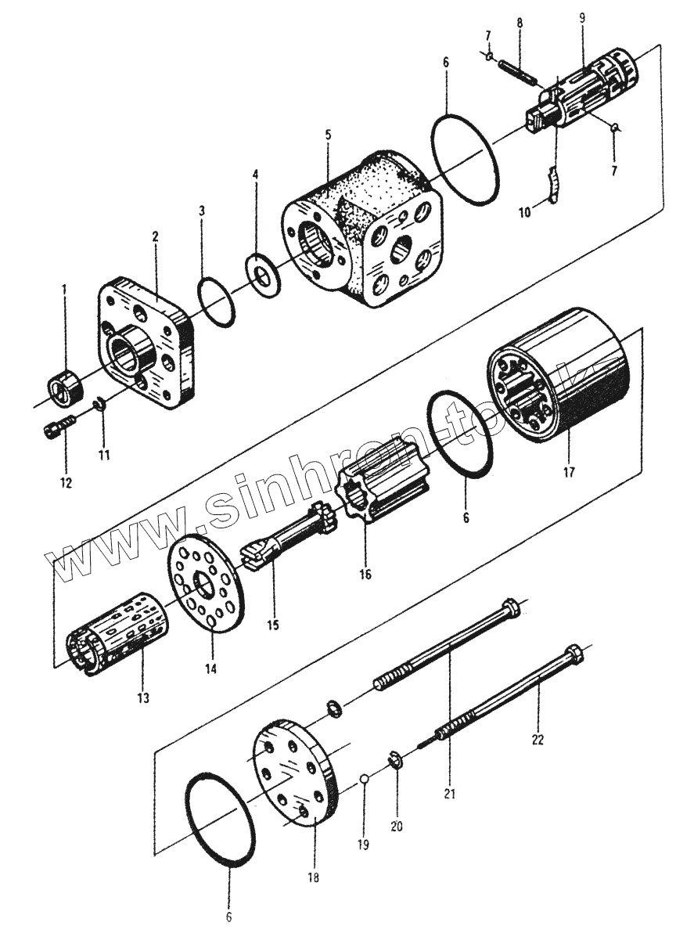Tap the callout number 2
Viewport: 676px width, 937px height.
[156, 235]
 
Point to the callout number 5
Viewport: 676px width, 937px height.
[329, 135]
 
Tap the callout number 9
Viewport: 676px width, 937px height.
[582, 16]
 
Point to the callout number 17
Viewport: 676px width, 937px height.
[569, 472]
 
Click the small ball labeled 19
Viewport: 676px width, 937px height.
[365, 779]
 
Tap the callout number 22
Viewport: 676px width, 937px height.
[538, 737]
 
